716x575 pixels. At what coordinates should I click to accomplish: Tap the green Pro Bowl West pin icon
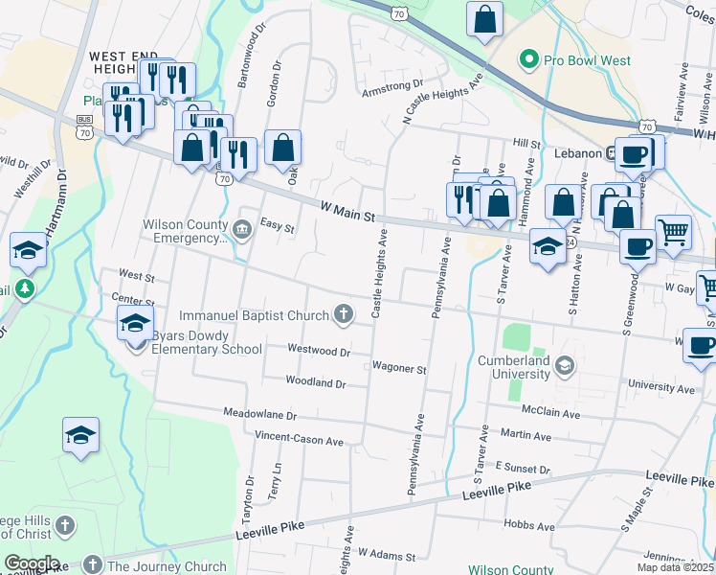(526, 60)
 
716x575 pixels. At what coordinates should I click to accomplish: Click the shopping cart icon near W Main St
(674, 231)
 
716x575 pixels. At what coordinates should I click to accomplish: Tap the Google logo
(32, 563)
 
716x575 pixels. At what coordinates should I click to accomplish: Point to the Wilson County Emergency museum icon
(241, 228)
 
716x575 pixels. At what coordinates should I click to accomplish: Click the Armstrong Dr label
(392, 93)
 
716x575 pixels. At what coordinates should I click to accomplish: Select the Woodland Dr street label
(315, 381)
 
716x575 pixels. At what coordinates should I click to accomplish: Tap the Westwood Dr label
(318, 352)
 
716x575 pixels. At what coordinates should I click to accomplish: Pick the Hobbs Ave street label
(529, 526)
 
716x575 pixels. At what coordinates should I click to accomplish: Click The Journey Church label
(167, 566)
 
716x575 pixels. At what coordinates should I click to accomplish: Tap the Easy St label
(277, 229)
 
